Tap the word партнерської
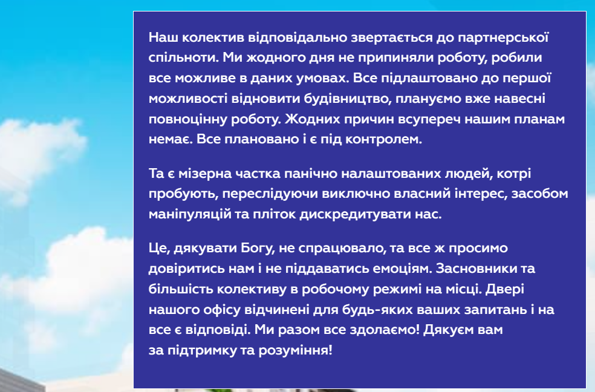pyautogui.click(x=503, y=38)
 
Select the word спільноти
pyautogui.click(x=184, y=57)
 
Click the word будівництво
pyautogui.click(x=348, y=98)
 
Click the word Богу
pyautogui.click(x=258, y=248)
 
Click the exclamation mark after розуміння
pyautogui.click(x=331, y=350)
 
